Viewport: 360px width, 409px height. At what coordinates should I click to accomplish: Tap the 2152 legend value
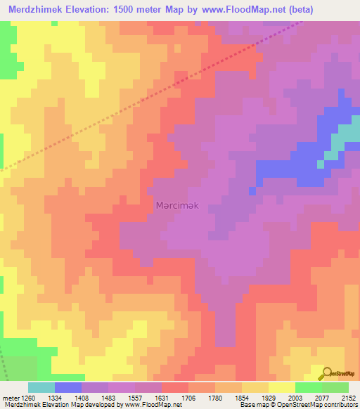(x=347, y=397)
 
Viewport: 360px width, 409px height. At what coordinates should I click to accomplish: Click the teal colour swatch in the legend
(x=41, y=387)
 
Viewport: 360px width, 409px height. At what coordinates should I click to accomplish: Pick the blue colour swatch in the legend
(x=68, y=387)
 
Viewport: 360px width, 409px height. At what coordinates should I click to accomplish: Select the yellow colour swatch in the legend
(x=282, y=387)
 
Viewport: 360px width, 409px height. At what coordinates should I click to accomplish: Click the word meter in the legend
(x=9, y=397)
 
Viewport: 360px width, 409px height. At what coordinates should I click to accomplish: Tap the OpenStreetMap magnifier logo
(x=326, y=372)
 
